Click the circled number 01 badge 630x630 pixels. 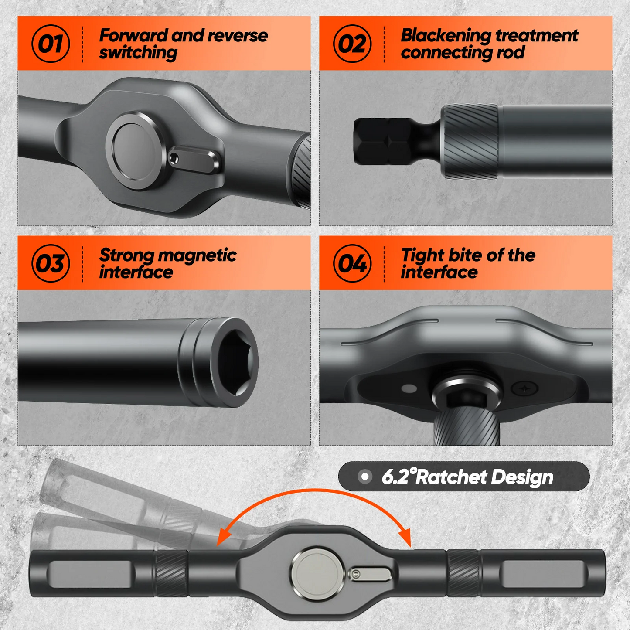pyautogui.click(x=51, y=44)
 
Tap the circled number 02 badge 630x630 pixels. pyautogui.click(x=352, y=44)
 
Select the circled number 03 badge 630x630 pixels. pyautogui.click(x=51, y=263)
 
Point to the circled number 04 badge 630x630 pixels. pyautogui.click(x=352, y=263)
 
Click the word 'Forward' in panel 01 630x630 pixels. pyautogui.click(x=133, y=35)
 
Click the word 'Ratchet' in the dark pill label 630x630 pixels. pyautogui.click(x=451, y=477)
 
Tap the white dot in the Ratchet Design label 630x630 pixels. pyautogui.click(x=364, y=477)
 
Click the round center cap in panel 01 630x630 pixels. pyautogui.click(x=136, y=151)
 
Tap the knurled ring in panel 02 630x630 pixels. pyautogui.click(x=470, y=141)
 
